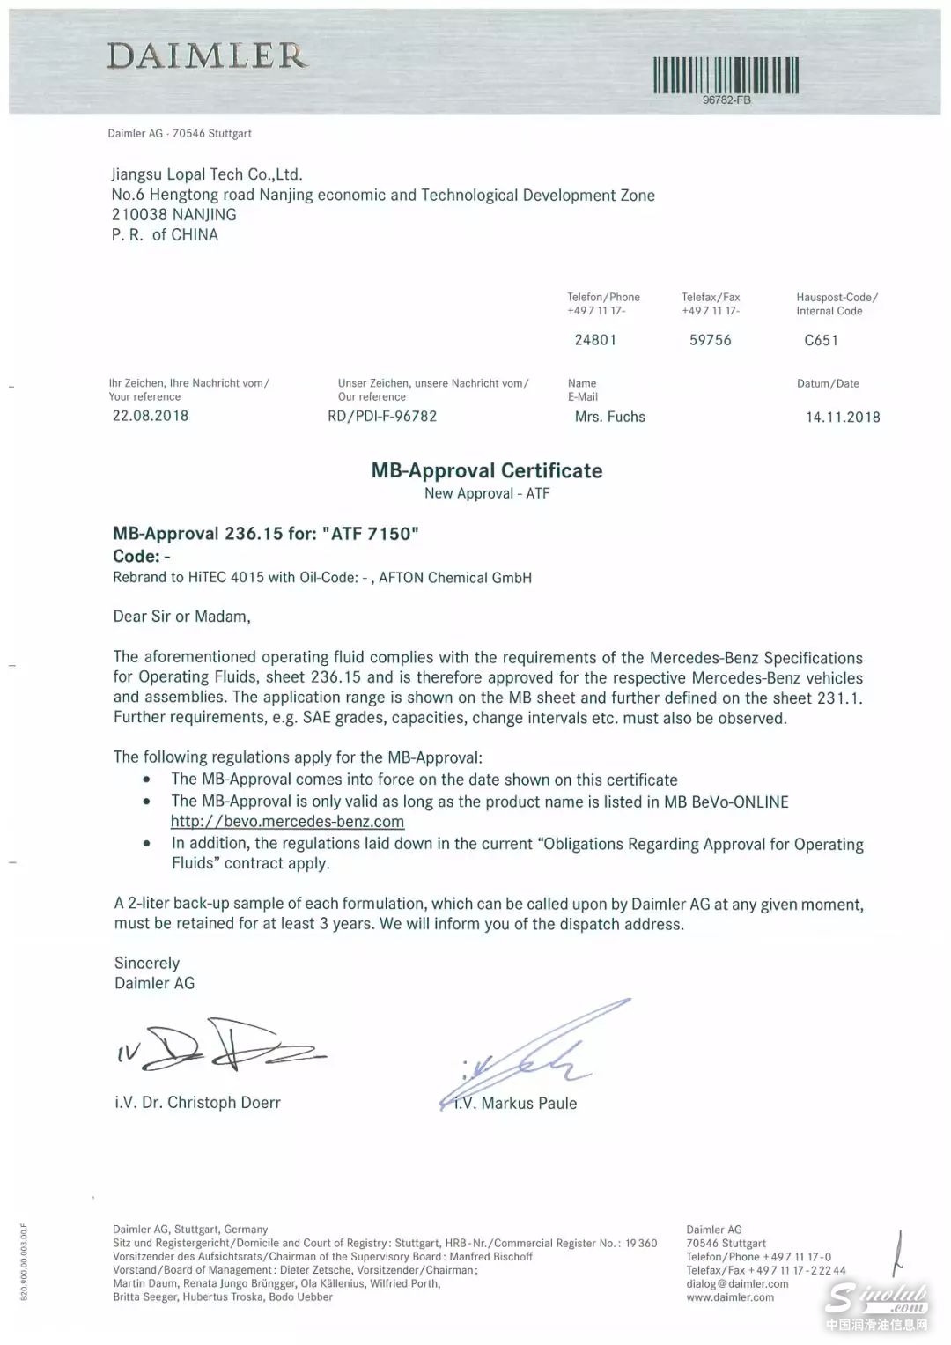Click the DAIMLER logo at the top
208,55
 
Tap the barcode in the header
726,75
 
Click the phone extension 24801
595,340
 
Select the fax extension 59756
710,340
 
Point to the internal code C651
821,340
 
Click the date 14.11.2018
843,417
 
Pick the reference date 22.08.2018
150,416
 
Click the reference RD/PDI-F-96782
382,416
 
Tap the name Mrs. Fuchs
609,417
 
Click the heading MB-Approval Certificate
487,470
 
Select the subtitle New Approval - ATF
487,493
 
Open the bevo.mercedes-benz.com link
287,822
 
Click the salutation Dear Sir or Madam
182,617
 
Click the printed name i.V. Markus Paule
515,1103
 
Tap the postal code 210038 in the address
138,214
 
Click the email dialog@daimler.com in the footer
737,1283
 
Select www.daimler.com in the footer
730,1297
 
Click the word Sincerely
147,963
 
